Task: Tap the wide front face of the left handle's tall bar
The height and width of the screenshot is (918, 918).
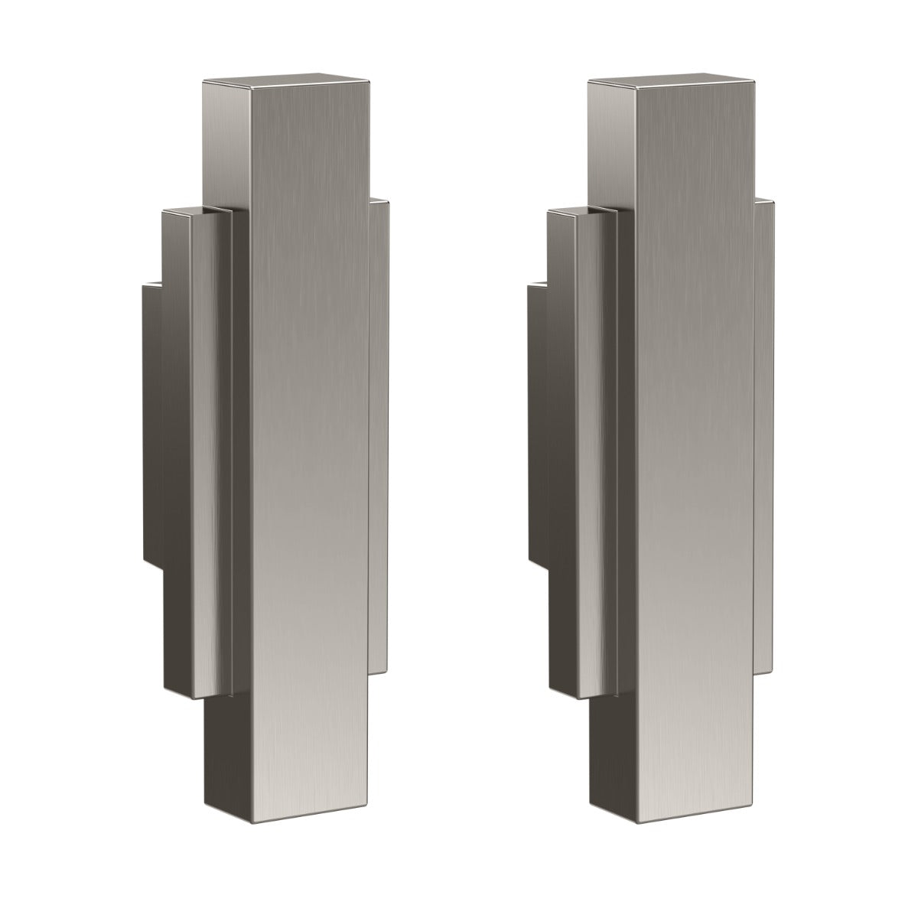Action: tap(308, 428)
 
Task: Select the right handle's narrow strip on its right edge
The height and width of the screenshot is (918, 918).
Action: tap(764, 428)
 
